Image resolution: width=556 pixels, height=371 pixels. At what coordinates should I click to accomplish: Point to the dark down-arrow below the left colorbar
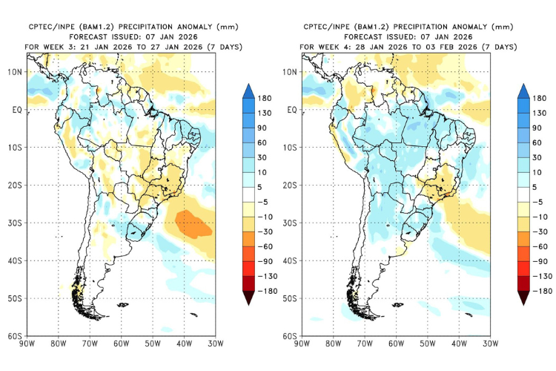coord(249,298)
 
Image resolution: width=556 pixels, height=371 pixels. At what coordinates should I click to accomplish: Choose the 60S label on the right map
coord(291,336)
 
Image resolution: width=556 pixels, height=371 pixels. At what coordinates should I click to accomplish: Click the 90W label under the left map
coord(27,344)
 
